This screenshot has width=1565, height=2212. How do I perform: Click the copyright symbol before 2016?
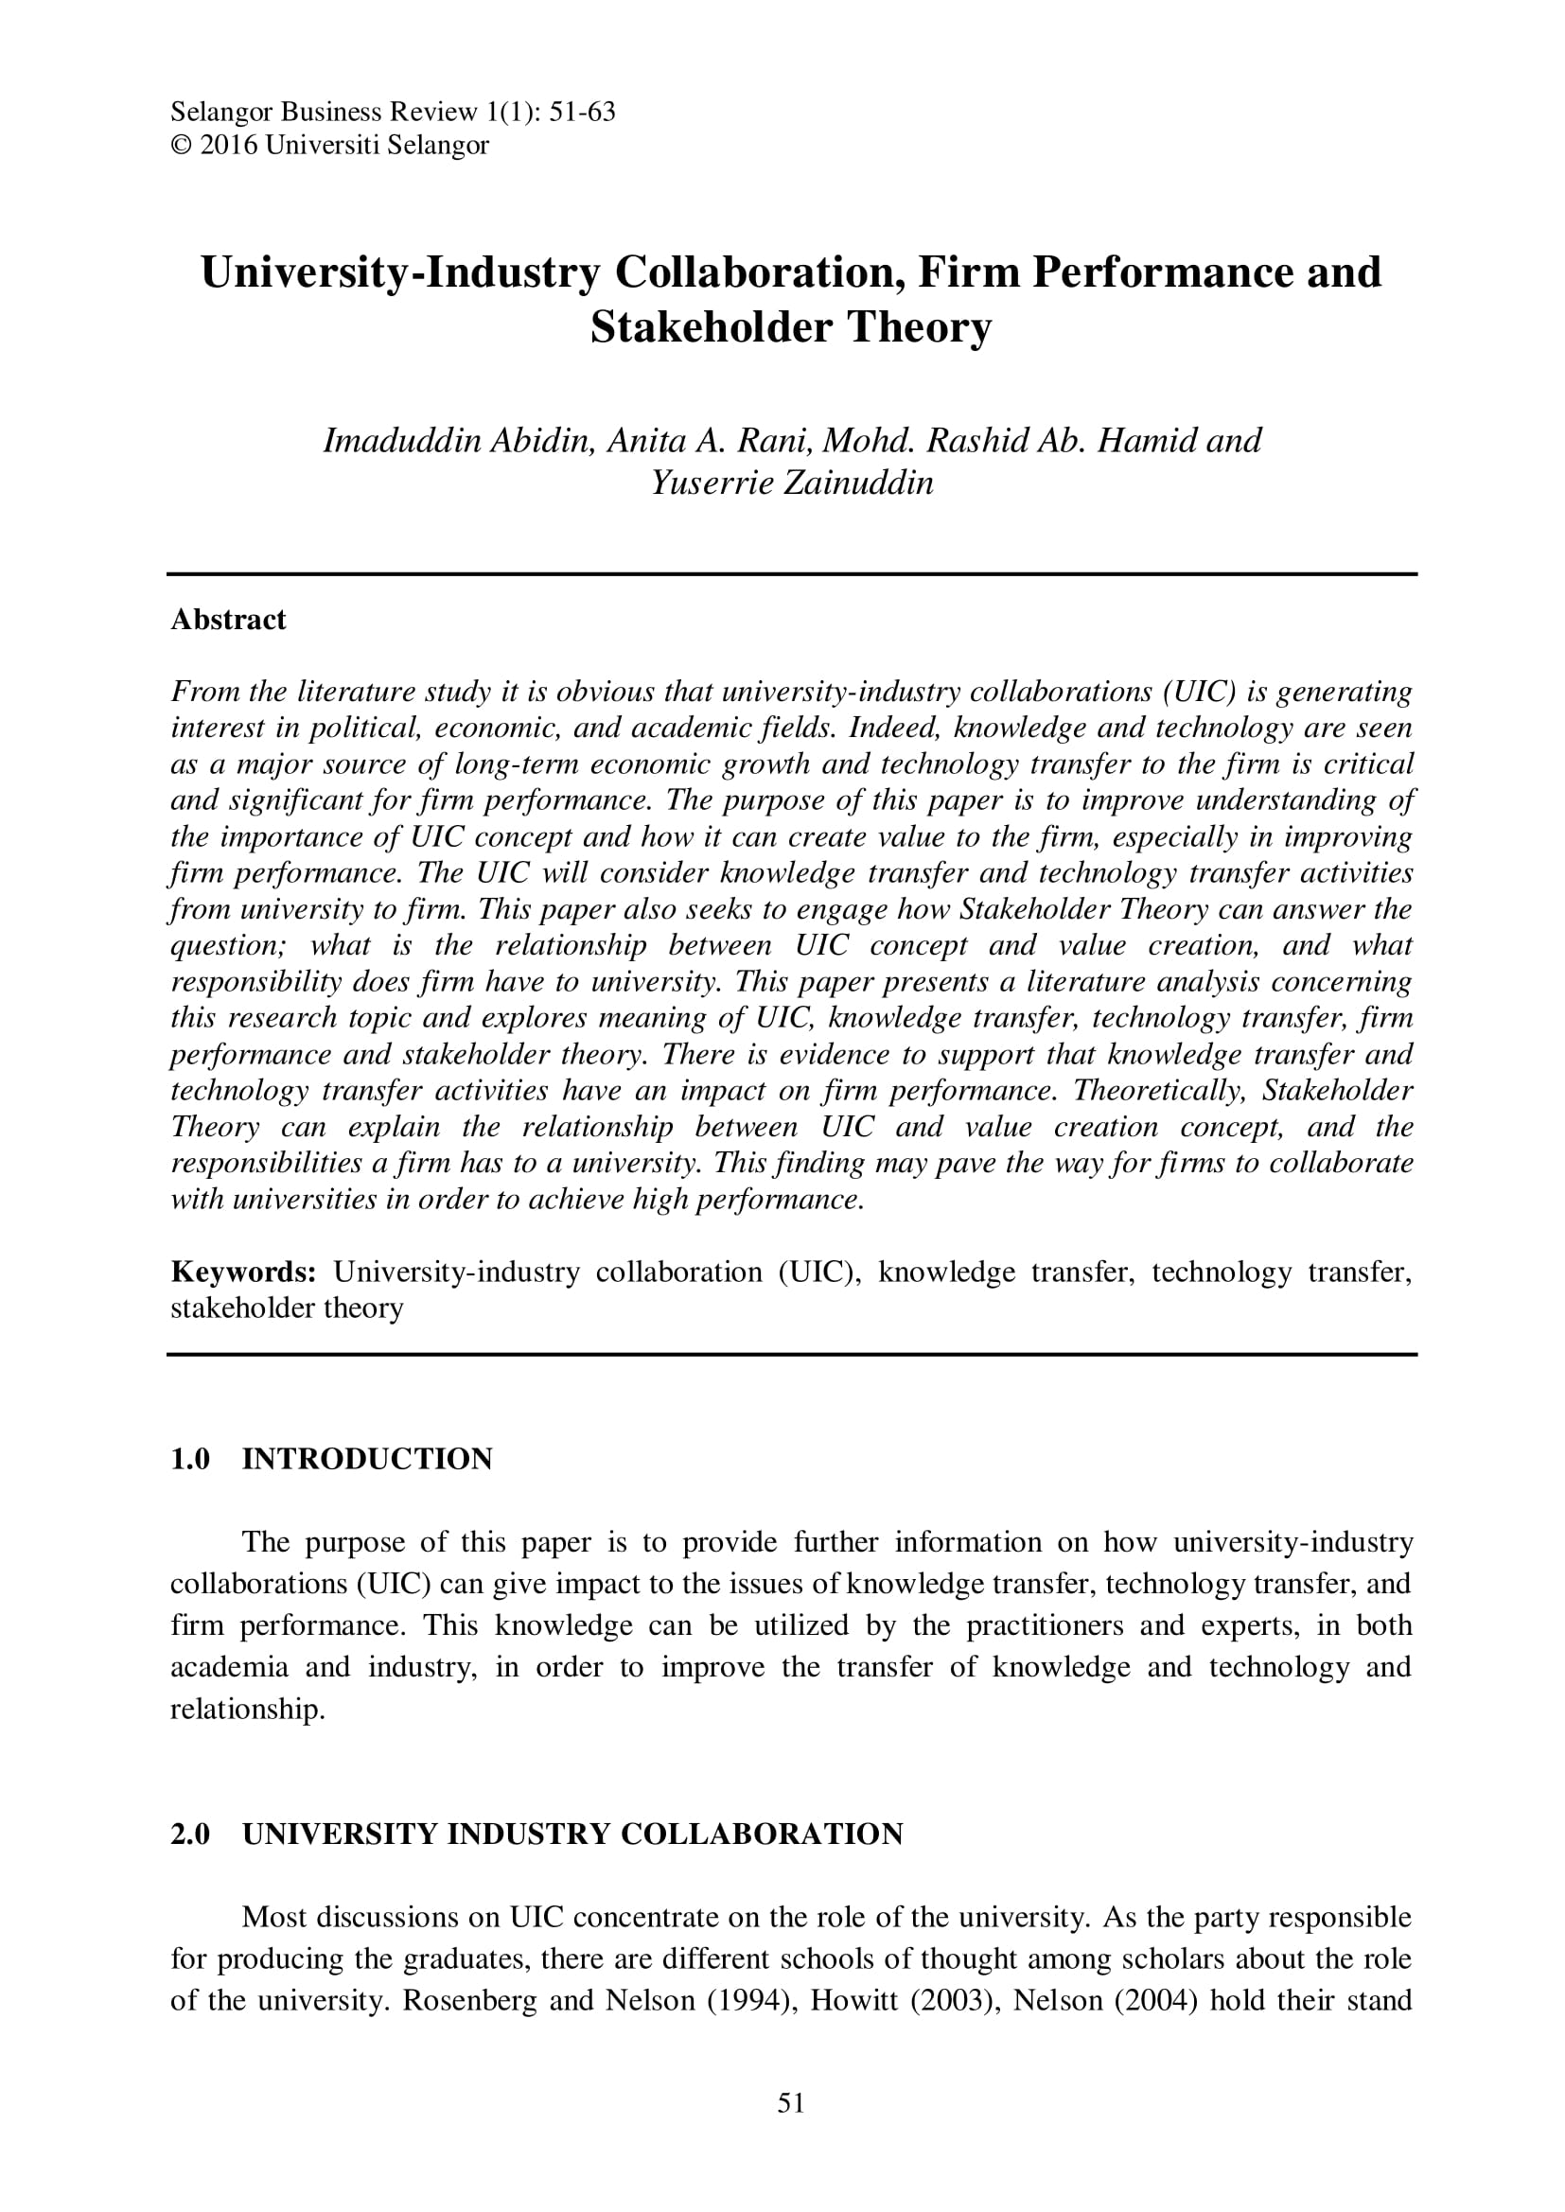(x=181, y=146)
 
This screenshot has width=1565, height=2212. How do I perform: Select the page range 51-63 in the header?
(x=581, y=113)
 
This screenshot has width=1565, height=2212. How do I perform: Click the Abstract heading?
(x=228, y=620)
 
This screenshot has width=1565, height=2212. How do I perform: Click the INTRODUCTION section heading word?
(x=367, y=1459)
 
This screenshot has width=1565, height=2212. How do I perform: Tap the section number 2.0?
(x=191, y=1834)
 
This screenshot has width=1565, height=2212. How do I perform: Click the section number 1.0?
(x=191, y=1459)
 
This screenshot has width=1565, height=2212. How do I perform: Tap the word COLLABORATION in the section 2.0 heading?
(x=762, y=1834)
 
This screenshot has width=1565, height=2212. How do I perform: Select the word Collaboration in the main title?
(x=759, y=272)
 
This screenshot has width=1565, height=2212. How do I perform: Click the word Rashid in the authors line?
(x=976, y=440)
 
